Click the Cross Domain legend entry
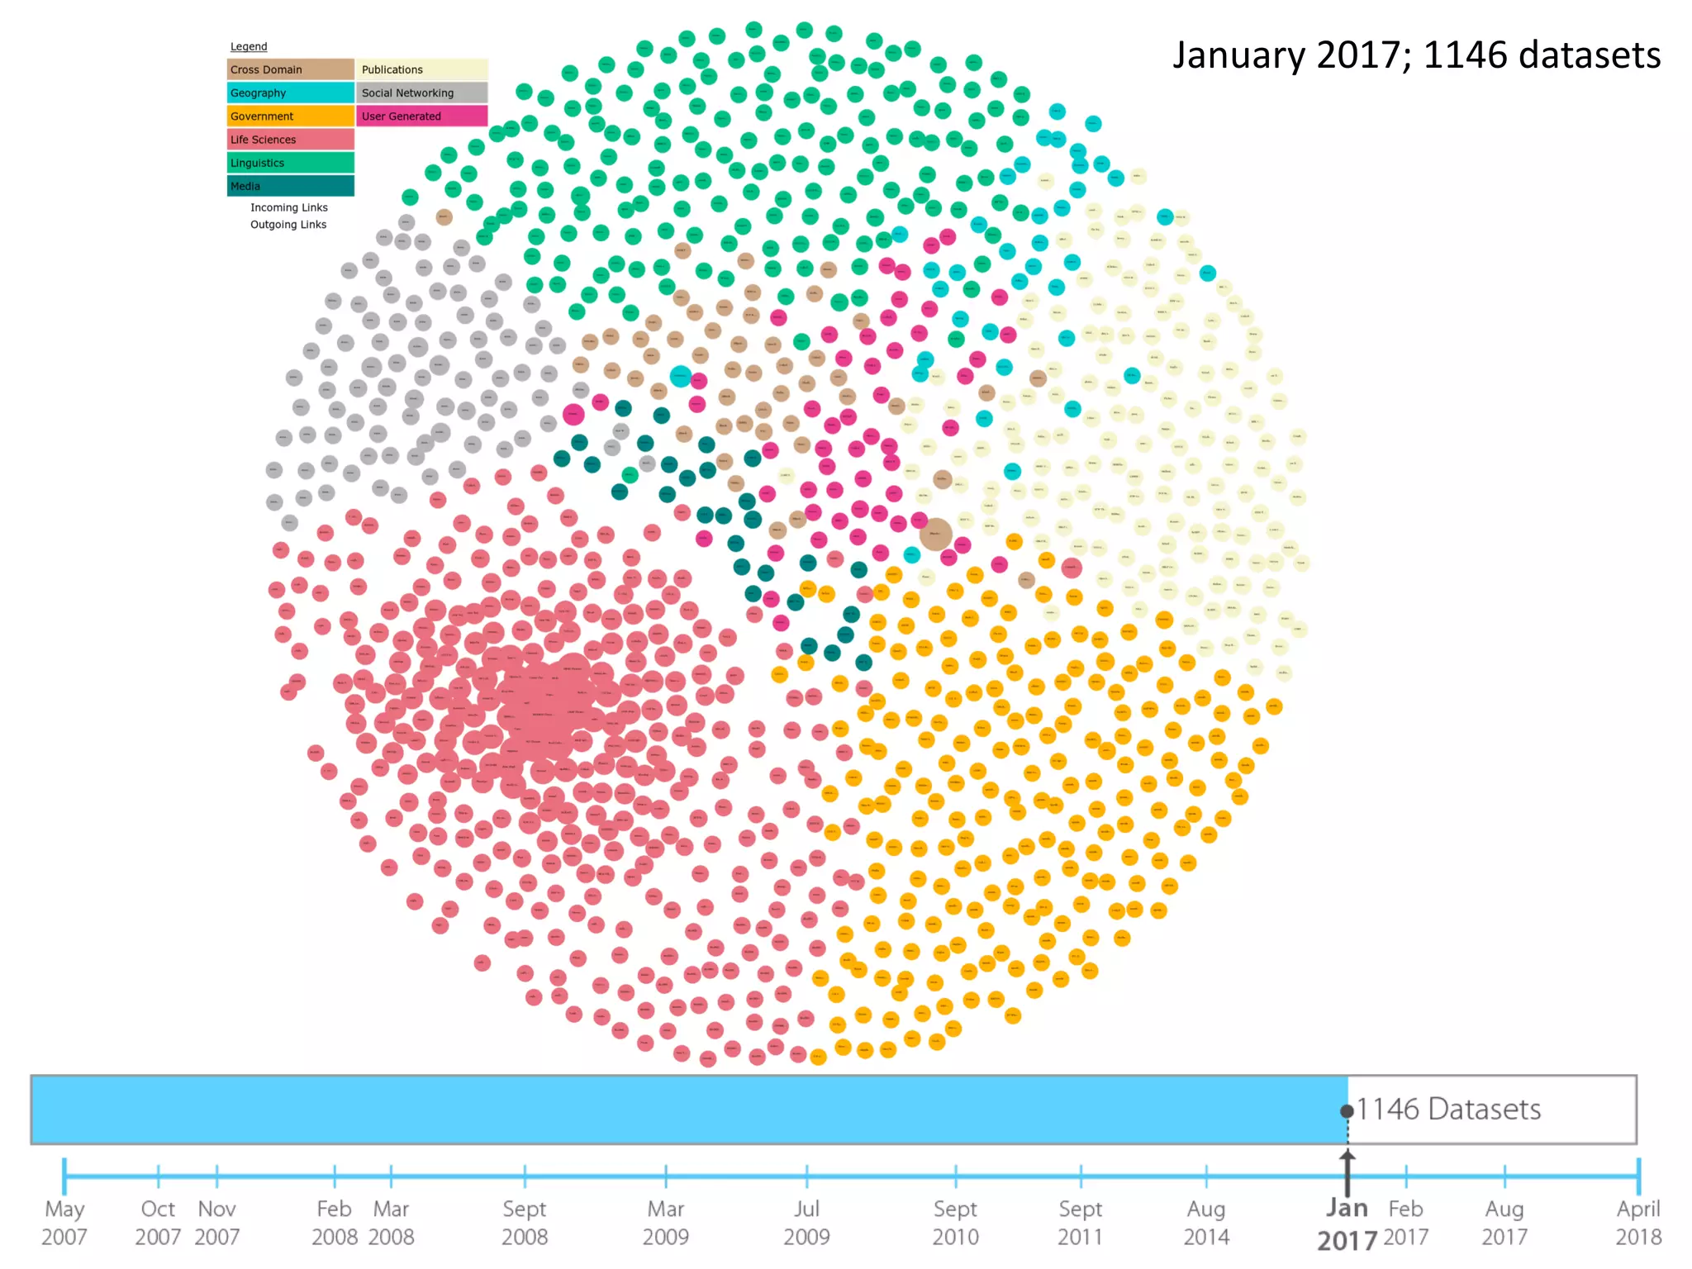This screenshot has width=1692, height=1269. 290,69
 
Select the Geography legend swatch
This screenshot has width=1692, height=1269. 290,93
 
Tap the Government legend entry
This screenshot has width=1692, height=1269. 290,116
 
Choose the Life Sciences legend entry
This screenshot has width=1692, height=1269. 290,140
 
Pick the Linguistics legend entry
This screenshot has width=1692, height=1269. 290,163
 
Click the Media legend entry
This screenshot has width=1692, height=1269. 290,186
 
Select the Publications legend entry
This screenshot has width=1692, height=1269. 421,69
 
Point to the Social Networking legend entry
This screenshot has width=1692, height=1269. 421,93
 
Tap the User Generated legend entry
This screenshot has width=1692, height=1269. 421,116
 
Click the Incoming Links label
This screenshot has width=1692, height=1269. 289,207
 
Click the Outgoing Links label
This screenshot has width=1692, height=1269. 288,225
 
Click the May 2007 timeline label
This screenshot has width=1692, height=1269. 64,1223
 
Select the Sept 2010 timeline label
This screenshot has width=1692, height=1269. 956,1223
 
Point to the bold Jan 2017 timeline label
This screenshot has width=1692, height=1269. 1347,1224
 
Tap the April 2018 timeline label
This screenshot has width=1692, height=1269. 1638,1223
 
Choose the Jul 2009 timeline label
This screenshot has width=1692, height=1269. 807,1223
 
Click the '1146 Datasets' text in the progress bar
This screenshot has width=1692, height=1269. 1448,1109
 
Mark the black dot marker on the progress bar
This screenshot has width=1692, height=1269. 1347,1111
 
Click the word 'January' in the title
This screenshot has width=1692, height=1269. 1239,55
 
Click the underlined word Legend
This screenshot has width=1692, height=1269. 249,47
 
